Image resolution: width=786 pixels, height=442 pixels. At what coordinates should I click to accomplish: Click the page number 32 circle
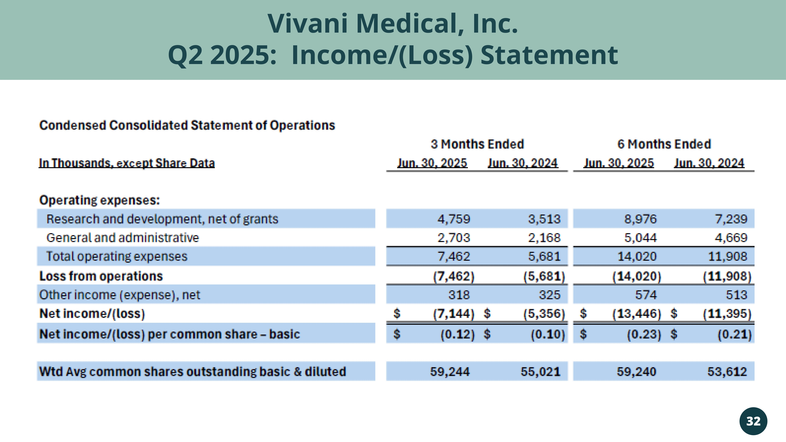pos(753,421)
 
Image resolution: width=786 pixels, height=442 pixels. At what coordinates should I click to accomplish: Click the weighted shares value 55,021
pos(540,371)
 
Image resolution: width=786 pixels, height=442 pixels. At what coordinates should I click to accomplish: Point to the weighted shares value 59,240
pos(636,371)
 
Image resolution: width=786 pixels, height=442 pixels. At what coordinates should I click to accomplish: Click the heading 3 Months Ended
pos(477,144)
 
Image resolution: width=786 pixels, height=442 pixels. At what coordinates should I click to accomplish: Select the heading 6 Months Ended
pos(664,144)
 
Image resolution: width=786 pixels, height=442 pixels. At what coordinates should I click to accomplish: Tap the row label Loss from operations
pos(101,276)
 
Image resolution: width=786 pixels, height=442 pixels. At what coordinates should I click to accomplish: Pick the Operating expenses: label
pos(99,200)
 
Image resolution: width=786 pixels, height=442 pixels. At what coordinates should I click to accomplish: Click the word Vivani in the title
pos(308,24)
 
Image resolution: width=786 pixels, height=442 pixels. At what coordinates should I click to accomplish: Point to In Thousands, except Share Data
pos(127,163)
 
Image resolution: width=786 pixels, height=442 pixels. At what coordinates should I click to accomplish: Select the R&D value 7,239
pos(731,219)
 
